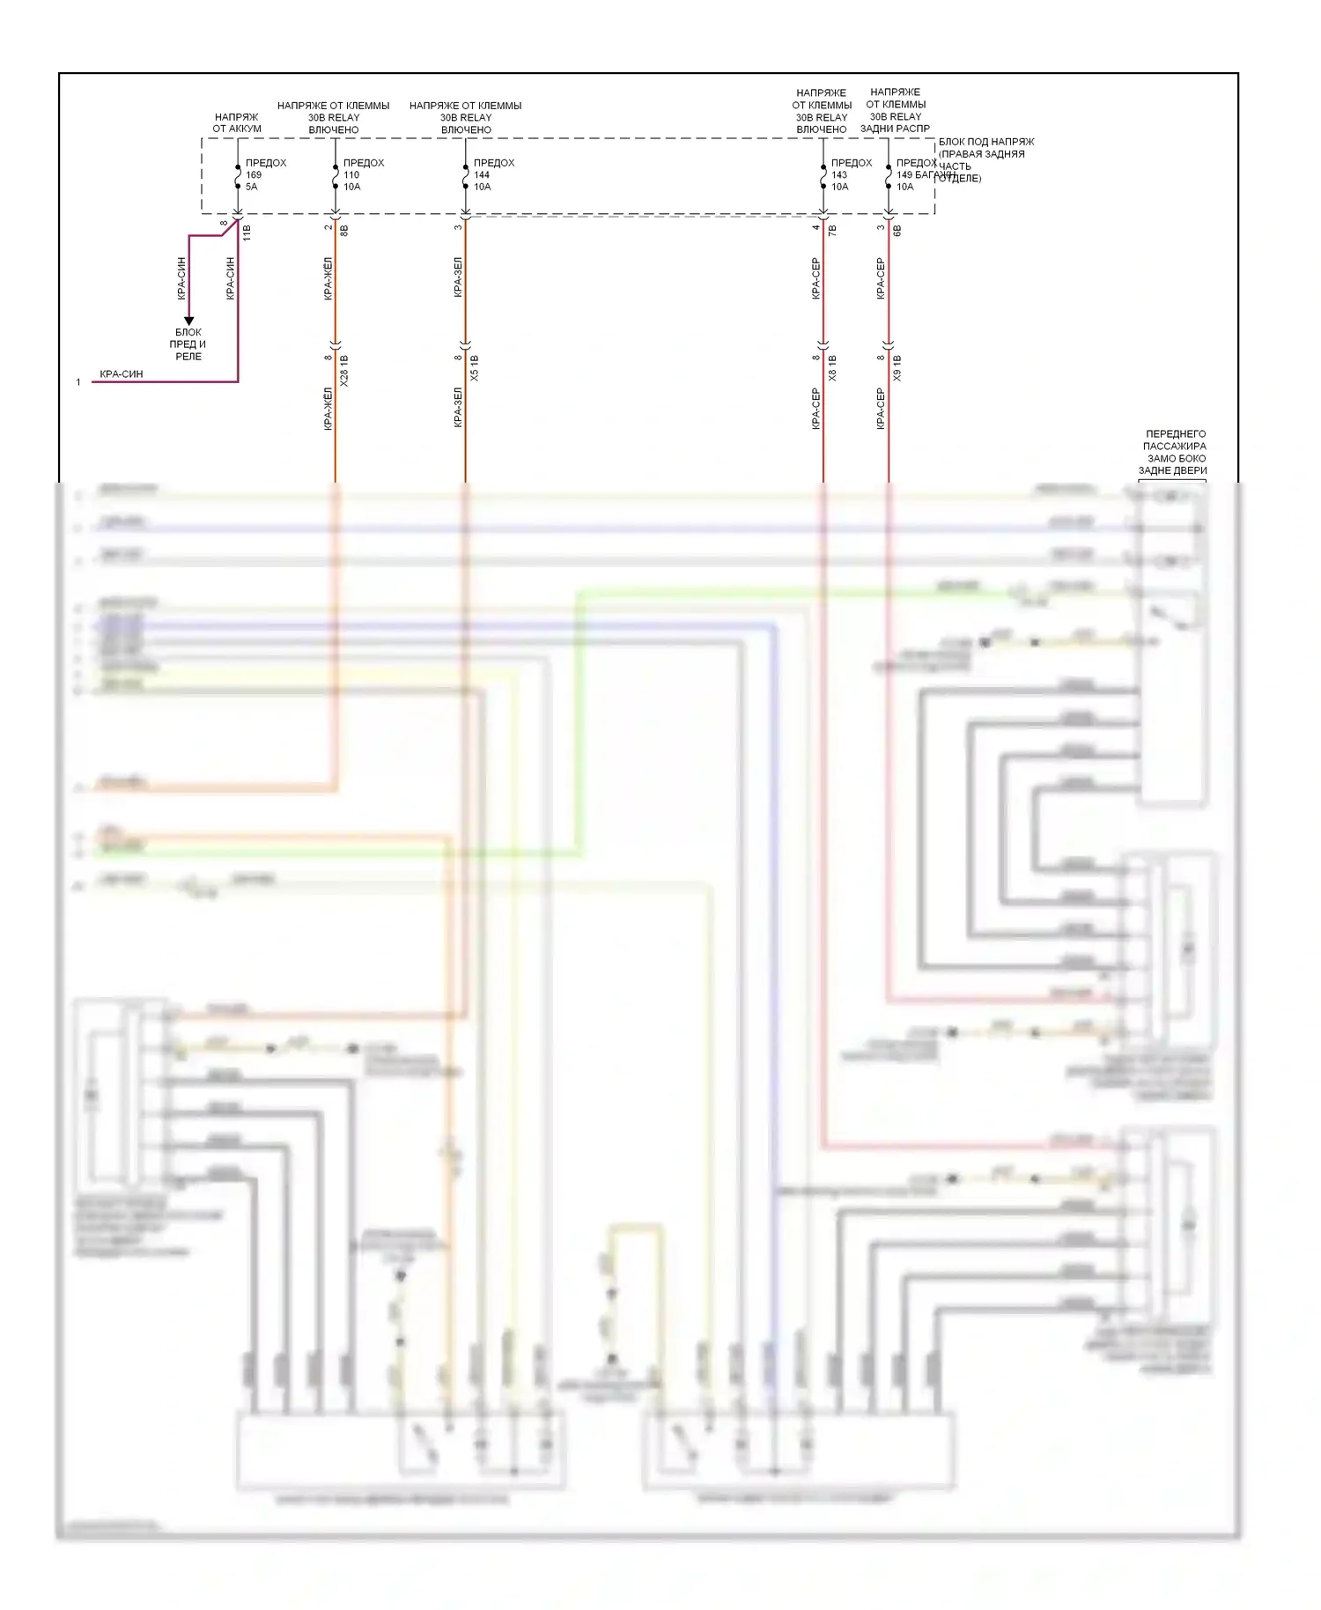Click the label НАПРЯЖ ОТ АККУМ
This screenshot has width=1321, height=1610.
237,122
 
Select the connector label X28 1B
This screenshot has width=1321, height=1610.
344,371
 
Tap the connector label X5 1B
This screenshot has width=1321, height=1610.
475,368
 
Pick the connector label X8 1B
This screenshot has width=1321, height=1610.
832,368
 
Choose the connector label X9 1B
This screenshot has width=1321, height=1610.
897,368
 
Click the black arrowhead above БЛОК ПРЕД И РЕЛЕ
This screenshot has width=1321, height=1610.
188,321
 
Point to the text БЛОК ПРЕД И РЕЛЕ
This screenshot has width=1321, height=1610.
188,344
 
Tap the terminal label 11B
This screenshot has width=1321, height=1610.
247,233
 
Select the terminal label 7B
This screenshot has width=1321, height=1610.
832,231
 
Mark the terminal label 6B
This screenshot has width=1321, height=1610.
897,231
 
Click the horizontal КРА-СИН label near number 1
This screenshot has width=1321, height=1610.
122,374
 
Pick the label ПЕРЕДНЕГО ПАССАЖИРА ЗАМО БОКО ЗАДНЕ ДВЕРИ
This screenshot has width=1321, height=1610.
1175,452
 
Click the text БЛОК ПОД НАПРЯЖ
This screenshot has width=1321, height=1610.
986,142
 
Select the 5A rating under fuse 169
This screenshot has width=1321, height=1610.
252,187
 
